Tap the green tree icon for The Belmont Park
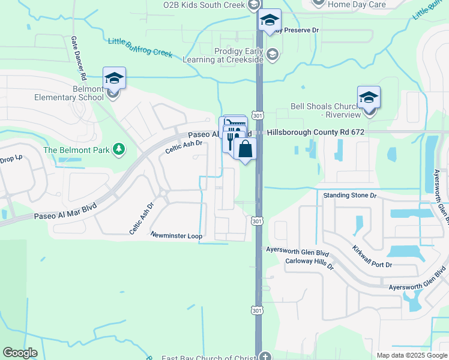click(119, 149)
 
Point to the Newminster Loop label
click(176, 236)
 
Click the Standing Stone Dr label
click(349, 196)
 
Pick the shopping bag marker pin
click(246, 149)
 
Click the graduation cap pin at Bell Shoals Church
click(369, 97)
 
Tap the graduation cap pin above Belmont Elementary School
click(114, 77)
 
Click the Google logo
click(20, 353)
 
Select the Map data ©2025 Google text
click(412, 355)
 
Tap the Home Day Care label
click(357, 4)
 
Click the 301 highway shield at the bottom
click(256, 310)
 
